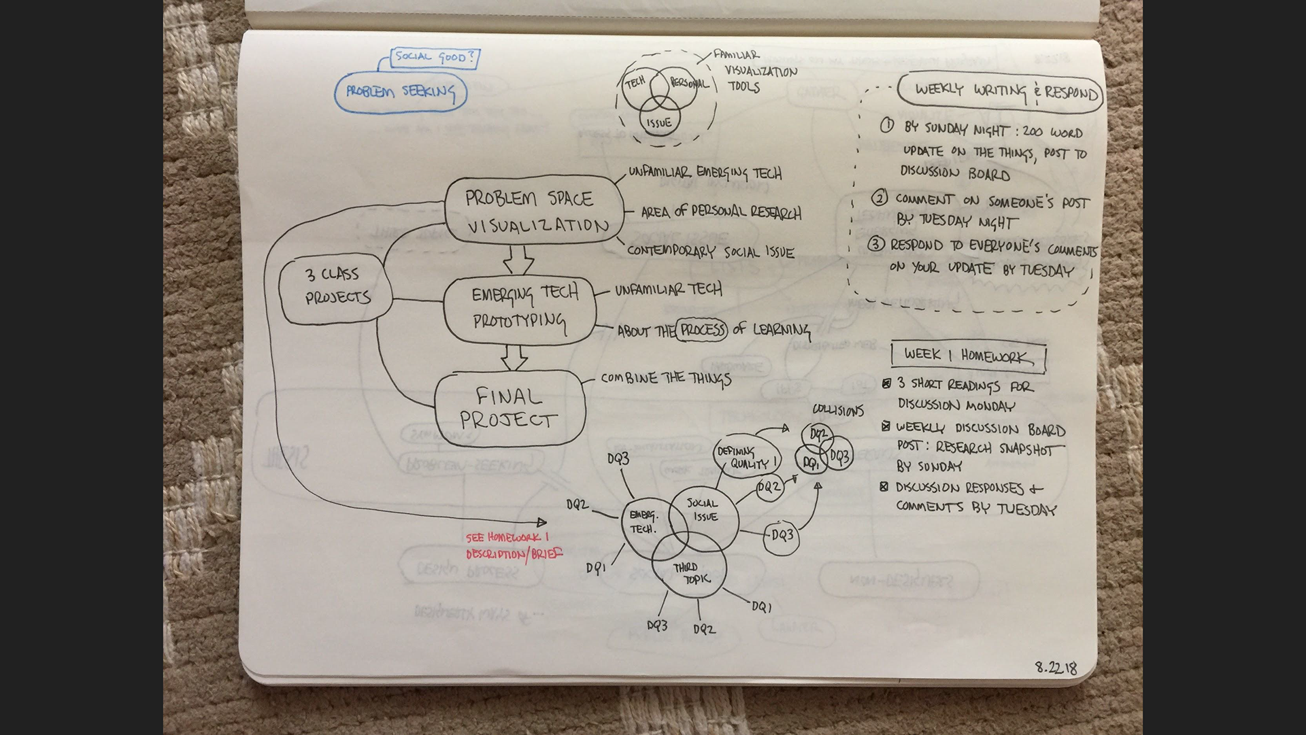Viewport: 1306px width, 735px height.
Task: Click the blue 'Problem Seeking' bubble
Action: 401,92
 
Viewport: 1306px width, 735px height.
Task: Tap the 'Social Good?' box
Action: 434,58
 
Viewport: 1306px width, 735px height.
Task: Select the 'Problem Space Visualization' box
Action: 534,211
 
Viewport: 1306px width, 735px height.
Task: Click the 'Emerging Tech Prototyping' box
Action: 520,309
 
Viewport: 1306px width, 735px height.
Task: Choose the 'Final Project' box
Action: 509,407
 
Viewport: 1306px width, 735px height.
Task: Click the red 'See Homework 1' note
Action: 512,546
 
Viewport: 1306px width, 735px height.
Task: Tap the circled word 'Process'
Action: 702,330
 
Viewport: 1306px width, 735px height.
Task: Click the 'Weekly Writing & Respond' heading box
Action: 1000,90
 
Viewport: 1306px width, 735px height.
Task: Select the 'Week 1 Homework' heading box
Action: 968,356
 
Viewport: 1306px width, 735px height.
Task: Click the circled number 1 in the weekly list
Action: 887,126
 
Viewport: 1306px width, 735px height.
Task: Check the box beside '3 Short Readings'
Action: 886,384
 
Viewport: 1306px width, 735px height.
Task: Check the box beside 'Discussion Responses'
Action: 884,487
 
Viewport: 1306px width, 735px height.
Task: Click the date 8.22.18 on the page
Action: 1056,668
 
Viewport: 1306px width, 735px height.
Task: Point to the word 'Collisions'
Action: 838,410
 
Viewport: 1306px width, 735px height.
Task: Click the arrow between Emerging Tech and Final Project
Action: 514,357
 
